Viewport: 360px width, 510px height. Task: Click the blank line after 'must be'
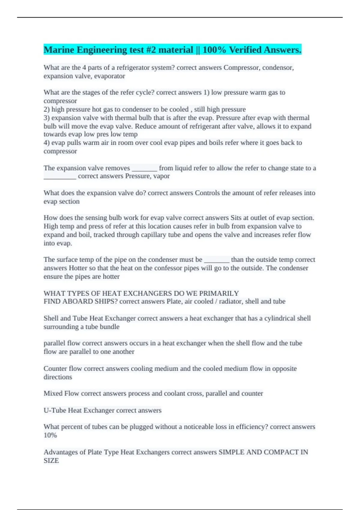coord(217,260)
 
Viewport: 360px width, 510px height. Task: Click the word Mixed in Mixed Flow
coord(53,393)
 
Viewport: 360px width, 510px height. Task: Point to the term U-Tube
coord(55,410)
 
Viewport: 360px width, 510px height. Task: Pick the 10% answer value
coord(50,435)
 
